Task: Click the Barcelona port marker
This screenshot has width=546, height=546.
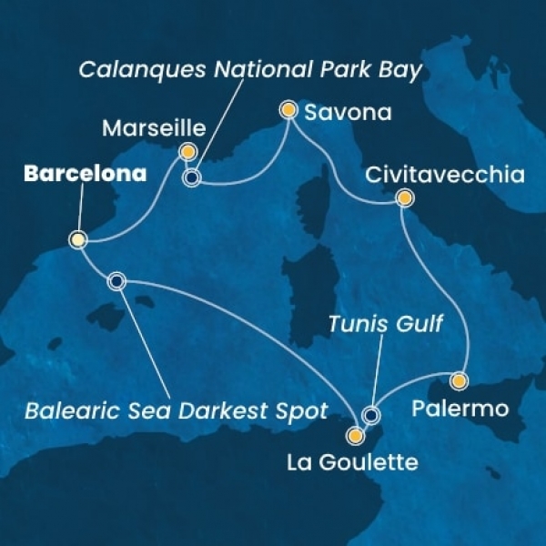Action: click(78, 240)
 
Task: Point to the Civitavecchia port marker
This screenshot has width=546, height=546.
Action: click(404, 197)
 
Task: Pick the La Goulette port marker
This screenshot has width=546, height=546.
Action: click(355, 435)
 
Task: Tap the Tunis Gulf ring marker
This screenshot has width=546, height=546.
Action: click(370, 416)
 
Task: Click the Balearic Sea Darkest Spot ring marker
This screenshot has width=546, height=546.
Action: click(116, 281)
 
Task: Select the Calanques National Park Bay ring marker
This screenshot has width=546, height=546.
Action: click(192, 177)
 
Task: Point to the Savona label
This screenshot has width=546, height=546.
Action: click(348, 114)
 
